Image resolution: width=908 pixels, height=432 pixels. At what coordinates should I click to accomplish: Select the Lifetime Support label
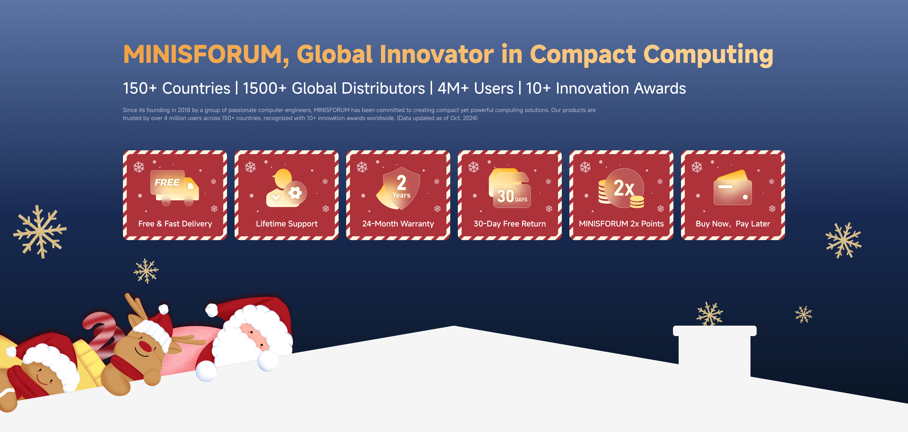tap(287, 224)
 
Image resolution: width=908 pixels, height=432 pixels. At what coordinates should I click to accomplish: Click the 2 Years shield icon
tap(398, 188)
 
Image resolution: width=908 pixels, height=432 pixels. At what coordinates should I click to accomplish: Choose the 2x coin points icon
tap(621, 188)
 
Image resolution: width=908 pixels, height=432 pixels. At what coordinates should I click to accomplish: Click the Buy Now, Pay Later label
tap(733, 224)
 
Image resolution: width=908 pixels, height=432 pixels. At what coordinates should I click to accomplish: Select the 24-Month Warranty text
tap(398, 224)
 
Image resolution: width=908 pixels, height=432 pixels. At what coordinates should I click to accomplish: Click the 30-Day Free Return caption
tap(510, 224)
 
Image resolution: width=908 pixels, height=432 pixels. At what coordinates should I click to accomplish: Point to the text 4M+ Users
tap(476, 88)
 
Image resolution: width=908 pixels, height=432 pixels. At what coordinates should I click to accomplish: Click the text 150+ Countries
tap(177, 88)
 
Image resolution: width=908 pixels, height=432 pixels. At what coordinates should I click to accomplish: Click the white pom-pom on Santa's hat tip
tap(211, 311)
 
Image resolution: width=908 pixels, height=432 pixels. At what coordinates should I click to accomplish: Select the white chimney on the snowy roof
tap(715, 352)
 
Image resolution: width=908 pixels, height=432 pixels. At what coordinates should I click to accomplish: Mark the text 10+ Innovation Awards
tap(606, 88)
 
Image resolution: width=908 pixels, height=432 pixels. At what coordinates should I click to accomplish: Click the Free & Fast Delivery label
tap(175, 224)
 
